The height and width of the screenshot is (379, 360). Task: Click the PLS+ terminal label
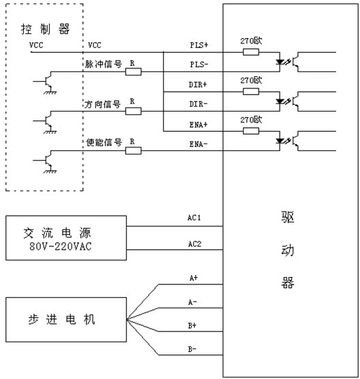[199, 45]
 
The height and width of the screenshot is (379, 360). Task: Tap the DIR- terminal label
[198, 104]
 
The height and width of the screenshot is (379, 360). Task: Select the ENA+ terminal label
[199, 125]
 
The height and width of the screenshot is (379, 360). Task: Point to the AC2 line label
[195, 244]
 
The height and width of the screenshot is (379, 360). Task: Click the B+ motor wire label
[192, 325]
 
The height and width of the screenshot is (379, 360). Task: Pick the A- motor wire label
[193, 302]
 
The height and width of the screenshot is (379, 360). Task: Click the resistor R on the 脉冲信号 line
[133, 72]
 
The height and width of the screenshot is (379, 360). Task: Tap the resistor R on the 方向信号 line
[133, 111]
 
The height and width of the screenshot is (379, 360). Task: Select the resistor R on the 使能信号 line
[133, 151]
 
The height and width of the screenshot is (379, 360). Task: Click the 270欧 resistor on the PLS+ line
[251, 52]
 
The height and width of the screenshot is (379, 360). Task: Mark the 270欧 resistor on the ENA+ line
[251, 131]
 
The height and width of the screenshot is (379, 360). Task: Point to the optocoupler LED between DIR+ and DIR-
[280, 101]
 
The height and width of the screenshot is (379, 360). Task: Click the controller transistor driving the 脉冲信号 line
[48, 81]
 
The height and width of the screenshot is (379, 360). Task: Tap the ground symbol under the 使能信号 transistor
[50, 171]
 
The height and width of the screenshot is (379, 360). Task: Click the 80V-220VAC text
[61, 246]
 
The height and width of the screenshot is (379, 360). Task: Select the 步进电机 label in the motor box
[61, 320]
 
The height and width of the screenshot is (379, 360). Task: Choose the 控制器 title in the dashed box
[45, 29]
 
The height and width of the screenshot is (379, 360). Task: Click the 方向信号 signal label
[103, 104]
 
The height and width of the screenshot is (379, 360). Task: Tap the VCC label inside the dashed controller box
[36, 45]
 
